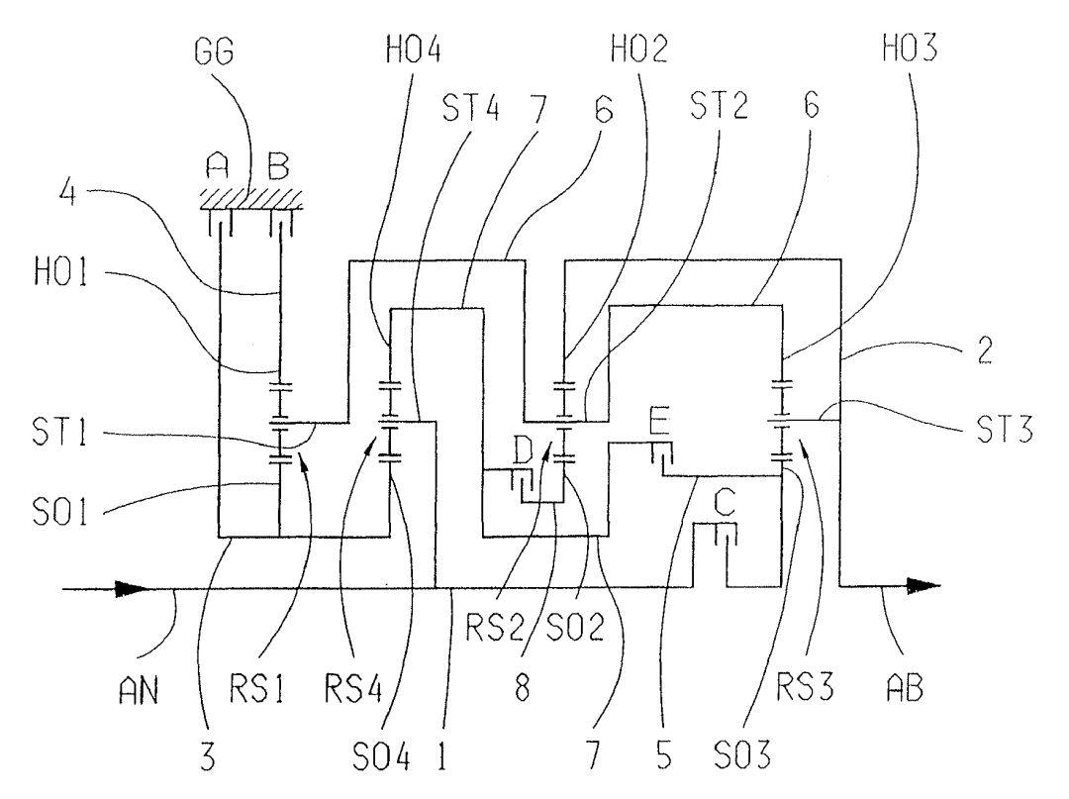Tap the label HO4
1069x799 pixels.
414,50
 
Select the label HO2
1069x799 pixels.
638,50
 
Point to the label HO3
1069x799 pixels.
910,48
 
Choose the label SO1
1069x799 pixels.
60,513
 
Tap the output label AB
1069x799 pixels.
905,687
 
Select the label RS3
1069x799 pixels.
805,687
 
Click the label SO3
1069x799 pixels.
742,754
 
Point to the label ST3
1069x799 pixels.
1005,430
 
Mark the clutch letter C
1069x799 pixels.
724,505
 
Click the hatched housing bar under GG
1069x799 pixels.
251,198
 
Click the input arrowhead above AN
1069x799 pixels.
131,588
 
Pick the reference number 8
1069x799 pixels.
523,688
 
